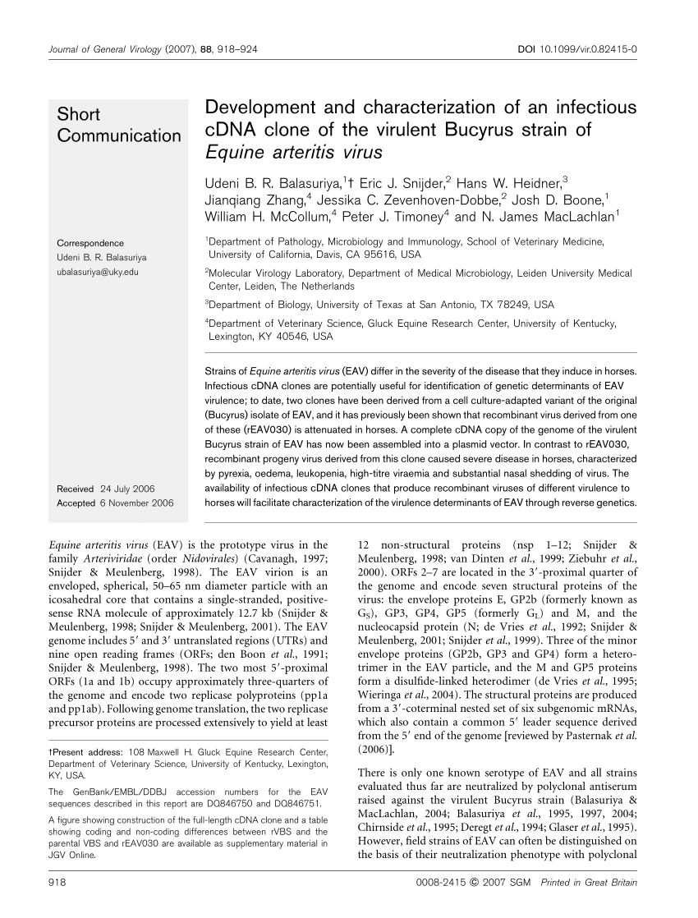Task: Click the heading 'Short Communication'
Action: [x=118, y=125]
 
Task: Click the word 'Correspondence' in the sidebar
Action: [x=90, y=244]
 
